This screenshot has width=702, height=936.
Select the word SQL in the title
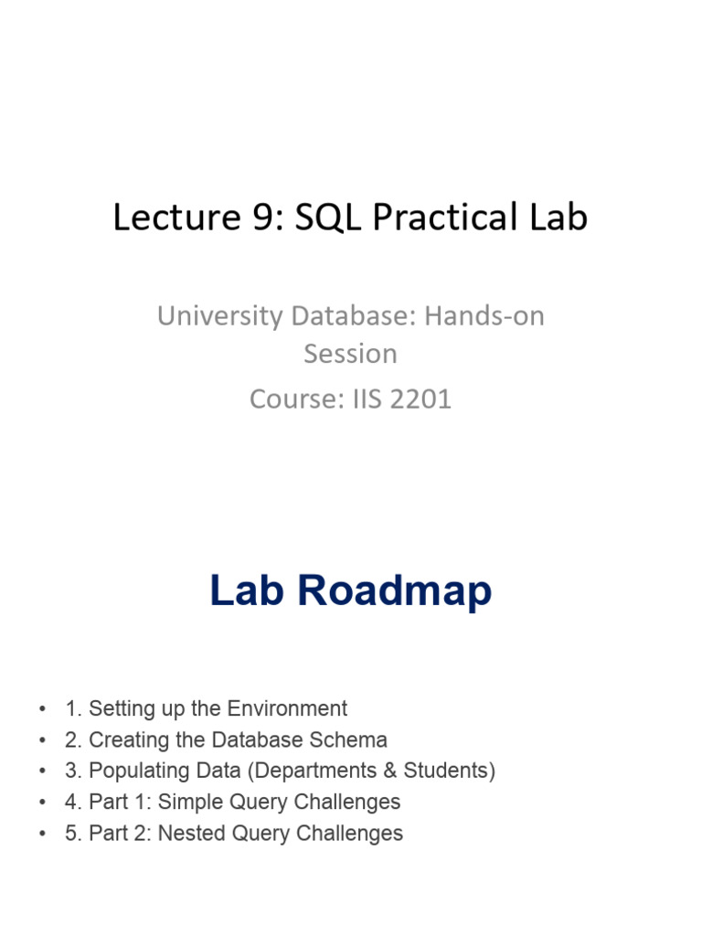click(x=328, y=218)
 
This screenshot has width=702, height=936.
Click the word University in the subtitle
click(x=219, y=316)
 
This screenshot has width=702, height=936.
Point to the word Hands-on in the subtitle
click(x=484, y=315)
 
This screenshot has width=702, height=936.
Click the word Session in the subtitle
click(x=350, y=354)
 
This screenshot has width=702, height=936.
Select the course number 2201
click(x=420, y=399)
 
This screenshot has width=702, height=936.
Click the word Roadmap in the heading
click(x=395, y=591)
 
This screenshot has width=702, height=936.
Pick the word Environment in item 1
click(x=287, y=708)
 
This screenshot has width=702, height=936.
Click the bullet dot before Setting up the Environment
click(x=42, y=709)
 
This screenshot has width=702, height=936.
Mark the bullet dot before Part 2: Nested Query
click(x=42, y=834)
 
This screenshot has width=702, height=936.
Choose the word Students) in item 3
click(x=450, y=771)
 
